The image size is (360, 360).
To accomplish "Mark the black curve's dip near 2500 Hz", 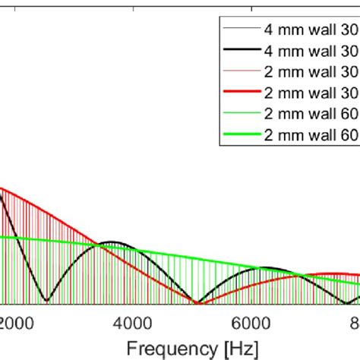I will (x=47, y=302).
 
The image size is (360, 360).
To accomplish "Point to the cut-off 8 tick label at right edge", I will (x=355, y=321).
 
